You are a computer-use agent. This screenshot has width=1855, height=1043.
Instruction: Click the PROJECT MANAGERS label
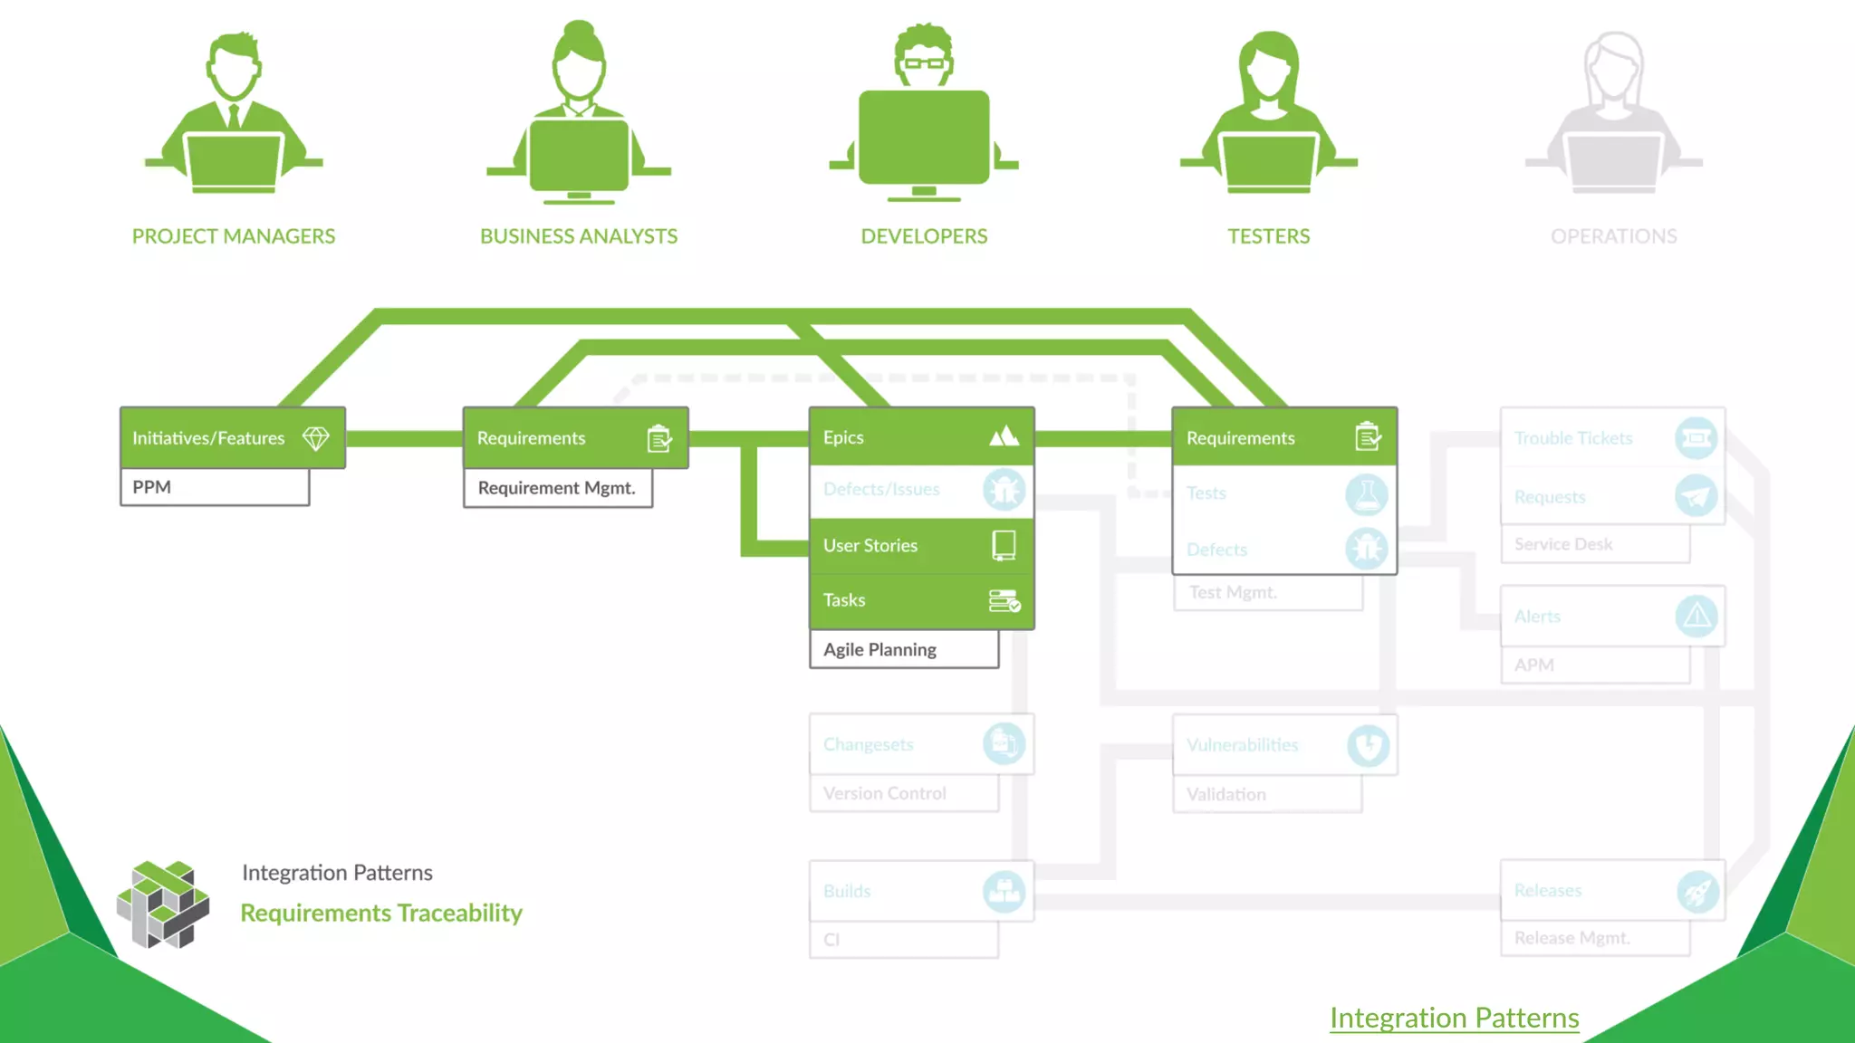point(234,236)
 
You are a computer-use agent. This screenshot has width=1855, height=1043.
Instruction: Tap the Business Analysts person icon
point(579,113)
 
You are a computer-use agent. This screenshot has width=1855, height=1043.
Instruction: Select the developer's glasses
point(924,63)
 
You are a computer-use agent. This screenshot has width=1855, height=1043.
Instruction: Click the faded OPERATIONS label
point(1613,236)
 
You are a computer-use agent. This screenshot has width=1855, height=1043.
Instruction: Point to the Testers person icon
point(1268,113)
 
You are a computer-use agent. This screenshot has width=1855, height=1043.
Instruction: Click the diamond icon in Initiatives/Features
point(315,438)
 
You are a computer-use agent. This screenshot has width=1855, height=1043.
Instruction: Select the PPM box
point(215,487)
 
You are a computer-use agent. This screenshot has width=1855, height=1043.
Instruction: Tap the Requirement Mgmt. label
point(557,488)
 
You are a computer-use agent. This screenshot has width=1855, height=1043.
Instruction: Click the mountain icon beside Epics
point(1004,437)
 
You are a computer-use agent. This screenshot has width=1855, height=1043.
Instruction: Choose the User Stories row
point(921,545)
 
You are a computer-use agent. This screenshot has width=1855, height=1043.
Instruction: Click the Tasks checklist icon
point(1004,600)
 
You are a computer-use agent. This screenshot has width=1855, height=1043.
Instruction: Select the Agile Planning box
point(904,649)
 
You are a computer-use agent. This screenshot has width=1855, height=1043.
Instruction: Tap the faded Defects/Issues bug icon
point(1004,490)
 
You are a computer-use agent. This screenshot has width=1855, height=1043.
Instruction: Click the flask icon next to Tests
point(1366,494)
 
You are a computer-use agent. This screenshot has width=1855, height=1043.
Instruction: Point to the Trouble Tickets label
point(1573,438)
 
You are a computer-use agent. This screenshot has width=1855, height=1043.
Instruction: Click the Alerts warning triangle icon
point(1696,617)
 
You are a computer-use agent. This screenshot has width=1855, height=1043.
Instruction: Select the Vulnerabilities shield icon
point(1367,745)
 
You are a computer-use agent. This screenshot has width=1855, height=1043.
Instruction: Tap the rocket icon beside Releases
point(1696,891)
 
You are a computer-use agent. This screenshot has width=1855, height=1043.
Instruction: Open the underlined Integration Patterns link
point(1454,1018)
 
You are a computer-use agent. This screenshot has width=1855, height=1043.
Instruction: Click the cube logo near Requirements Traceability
point(163,904)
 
